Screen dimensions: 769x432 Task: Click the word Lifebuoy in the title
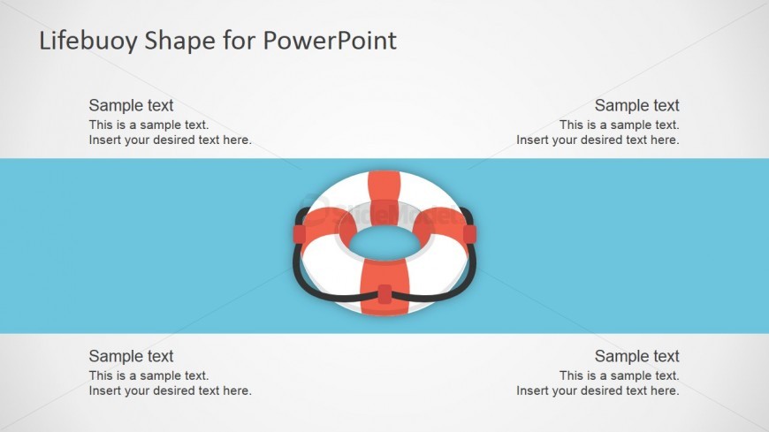[x=88, y=42]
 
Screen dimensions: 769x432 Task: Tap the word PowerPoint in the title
[x=330, y=41]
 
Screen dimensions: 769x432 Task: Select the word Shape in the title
[x=180, y=42]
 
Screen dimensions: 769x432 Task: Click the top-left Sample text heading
[x=131, y=105]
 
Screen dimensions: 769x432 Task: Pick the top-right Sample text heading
[x=637, y=105]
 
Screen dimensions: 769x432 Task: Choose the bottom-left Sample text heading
[x=131, y=356]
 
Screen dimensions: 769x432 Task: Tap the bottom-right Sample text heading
[x=637, y=356]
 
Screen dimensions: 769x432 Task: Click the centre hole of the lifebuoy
[x=384, y=243]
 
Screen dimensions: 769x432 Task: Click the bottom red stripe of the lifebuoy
[x=384, y=287]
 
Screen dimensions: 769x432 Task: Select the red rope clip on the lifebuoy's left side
[x=300, y=234]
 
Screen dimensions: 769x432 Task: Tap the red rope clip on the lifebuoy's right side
[x=469, y=234]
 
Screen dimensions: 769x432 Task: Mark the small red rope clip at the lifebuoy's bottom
[x=385, y=293]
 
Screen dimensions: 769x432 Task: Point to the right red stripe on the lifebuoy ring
[x=440, y=224]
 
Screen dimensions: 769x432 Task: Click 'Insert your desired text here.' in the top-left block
[x=171, y=140]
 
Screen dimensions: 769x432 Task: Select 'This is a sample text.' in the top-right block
[x=620, y=125]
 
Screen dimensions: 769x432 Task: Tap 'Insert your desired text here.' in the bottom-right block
[x=598, y=390]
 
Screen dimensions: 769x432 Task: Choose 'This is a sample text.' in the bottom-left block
[x=148, y=375]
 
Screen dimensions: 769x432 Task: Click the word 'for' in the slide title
[x=240, y=41]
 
